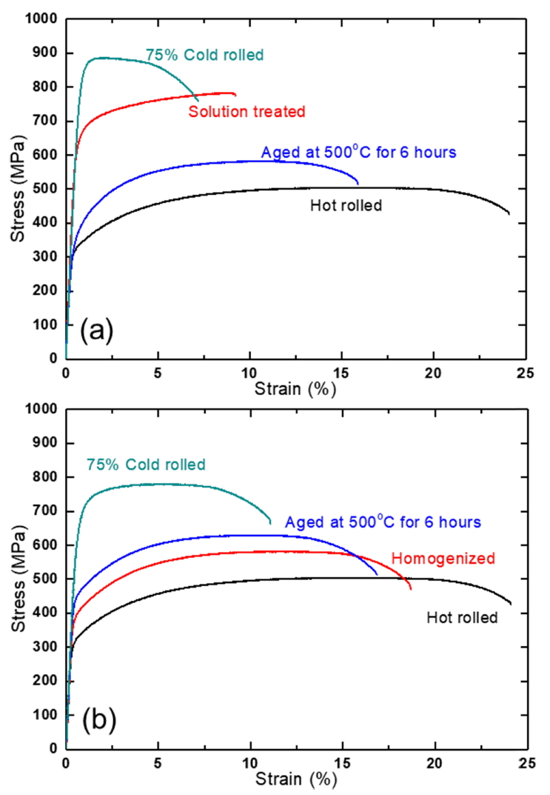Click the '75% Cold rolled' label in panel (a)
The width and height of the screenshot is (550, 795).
pyautogui.click(x=204, y=55)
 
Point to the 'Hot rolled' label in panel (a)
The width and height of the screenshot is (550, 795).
pyautogui.click(x=346, y=205)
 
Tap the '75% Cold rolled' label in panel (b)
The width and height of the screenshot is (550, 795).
pyautogui.click(x=145, y=465)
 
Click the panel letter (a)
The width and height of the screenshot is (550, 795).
pyautogui.click(x=97, y=329)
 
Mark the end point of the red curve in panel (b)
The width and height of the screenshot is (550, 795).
pyautogui.click(x=411, y=590)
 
